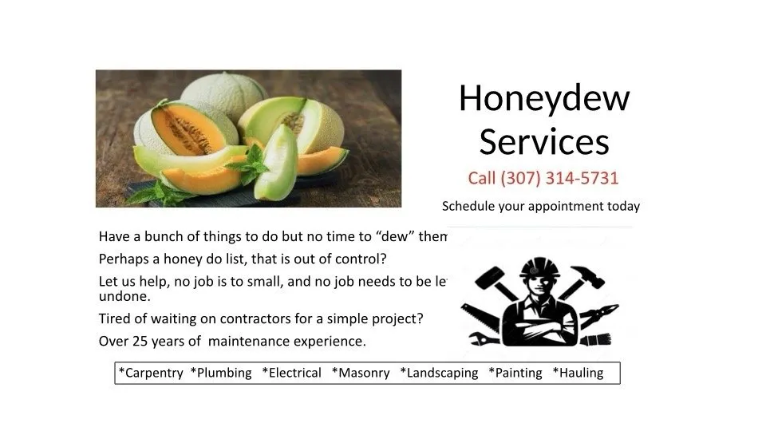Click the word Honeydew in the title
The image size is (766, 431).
[544, 99]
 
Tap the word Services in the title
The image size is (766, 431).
[544, 141]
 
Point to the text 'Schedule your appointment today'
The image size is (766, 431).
[541, 206]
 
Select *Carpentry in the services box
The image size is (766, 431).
[151, 373]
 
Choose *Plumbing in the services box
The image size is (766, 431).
[221, 373]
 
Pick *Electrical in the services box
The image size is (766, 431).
[291, 373]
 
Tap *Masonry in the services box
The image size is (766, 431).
[361, 373]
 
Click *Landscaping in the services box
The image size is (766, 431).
[439, 373]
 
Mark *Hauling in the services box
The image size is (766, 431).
[578, 373]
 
